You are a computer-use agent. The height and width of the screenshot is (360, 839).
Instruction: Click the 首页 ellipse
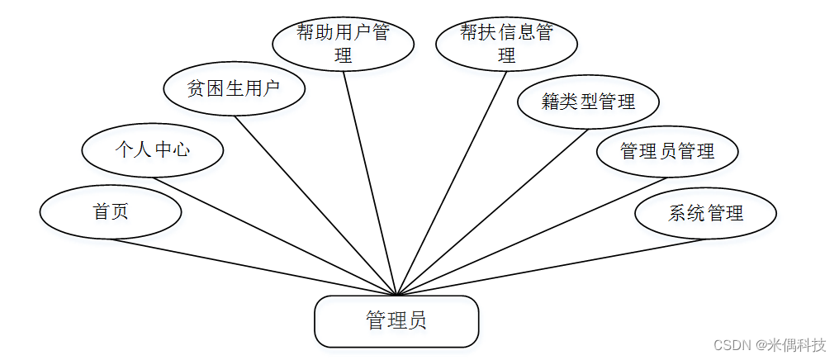110,212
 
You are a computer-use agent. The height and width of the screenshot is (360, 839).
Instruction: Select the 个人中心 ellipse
153,150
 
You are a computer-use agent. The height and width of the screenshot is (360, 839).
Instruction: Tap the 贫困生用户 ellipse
235,89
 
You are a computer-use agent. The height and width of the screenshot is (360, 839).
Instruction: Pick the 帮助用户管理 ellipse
343,44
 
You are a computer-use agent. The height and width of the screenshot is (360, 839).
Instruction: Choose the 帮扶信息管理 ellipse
506,44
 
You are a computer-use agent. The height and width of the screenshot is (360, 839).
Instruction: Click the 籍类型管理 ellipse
588,102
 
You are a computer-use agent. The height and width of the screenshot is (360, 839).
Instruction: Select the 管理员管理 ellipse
666,151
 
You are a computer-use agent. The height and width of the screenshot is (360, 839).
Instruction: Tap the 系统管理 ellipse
705,213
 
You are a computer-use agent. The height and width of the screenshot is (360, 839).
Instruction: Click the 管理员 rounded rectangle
396,320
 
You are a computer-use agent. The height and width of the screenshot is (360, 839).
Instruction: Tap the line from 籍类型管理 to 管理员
492,212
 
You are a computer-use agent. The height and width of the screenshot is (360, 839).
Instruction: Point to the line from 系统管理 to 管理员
551,267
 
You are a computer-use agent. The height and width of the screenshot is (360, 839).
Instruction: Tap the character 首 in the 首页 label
101,212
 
